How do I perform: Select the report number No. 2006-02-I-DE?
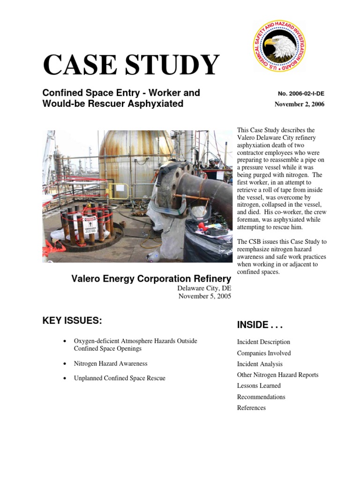pos(301,94)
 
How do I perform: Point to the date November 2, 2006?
pos(299,104)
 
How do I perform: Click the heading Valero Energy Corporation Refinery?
pos(151,279)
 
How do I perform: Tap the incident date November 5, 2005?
pos(204,296)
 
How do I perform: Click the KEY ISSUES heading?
pos(72,321)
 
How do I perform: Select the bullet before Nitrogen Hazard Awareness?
pos(64,364)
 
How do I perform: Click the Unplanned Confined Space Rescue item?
pos(120,378)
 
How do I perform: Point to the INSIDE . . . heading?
pos(260,325)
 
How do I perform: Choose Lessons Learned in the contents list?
pos(259,386)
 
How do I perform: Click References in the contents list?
pos(251,408)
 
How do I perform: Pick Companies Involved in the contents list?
pos(264,353)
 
